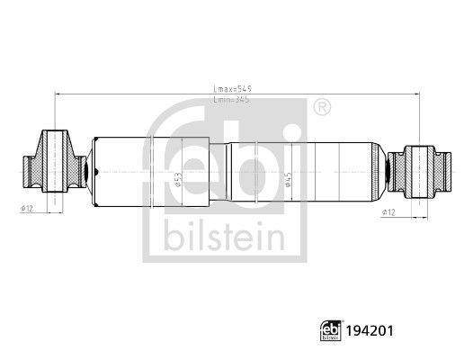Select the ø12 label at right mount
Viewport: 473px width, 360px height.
pos(388,212)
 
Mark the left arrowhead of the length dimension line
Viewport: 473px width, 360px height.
pos(57,93)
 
